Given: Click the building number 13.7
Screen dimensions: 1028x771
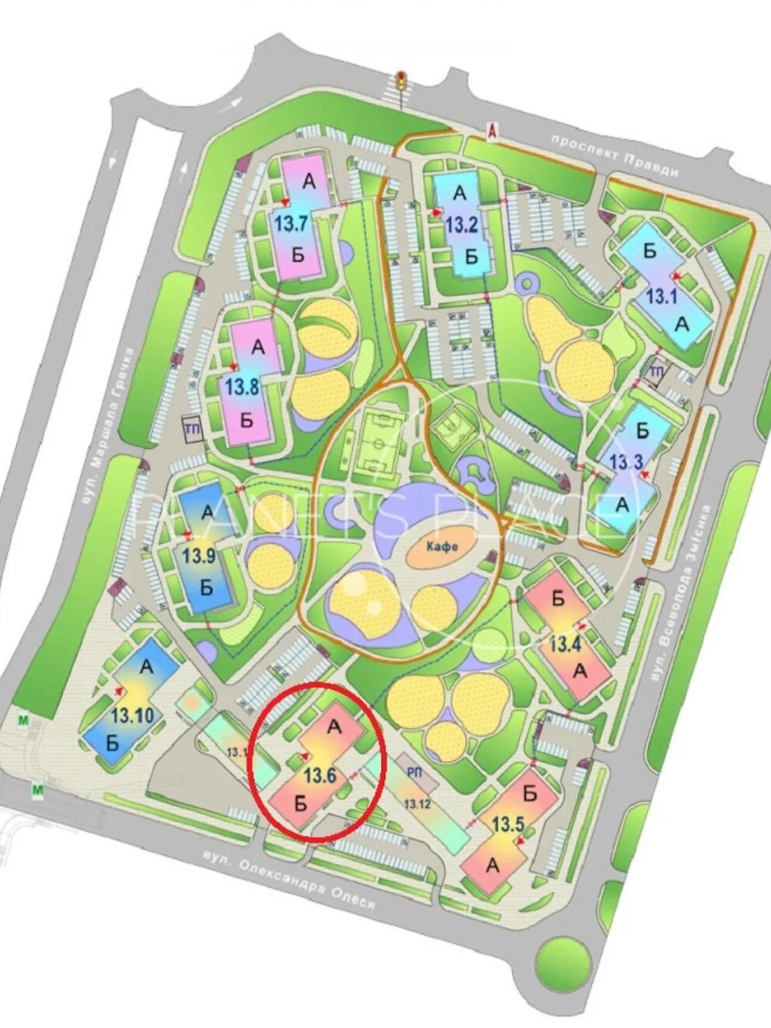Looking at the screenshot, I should [292, 224].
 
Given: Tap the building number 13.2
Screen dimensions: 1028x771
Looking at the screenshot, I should [461, 225].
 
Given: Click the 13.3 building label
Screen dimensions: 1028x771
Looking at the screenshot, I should [626, 462].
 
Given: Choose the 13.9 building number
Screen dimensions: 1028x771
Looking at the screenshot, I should [199, 555].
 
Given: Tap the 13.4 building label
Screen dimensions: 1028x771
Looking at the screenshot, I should [565, 643].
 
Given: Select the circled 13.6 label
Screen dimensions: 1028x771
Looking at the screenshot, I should [320, 775].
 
